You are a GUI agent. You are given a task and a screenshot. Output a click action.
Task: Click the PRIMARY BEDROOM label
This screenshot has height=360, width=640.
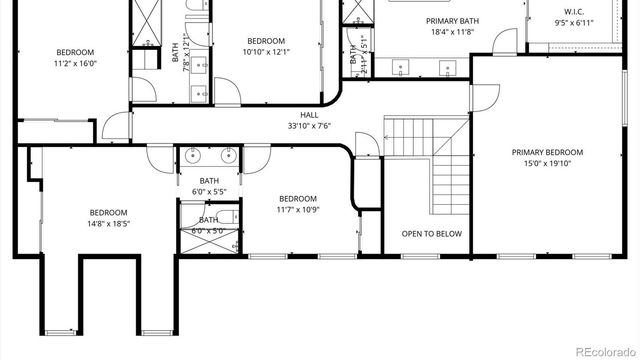coord(547,153)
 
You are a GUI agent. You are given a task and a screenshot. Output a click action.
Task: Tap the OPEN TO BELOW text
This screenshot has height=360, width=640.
coord(432,233)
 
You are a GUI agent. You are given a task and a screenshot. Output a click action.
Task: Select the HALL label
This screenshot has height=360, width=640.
coord(309,115)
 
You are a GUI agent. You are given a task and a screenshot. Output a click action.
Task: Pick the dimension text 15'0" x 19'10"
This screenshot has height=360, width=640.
coord(547,164)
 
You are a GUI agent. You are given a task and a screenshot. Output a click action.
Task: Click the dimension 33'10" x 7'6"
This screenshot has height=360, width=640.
coord(309,126)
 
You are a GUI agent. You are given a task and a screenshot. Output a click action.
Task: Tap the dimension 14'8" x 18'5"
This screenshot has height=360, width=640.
coord(108,223)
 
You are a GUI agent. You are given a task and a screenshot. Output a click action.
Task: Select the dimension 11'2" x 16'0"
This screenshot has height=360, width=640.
coord(74,62)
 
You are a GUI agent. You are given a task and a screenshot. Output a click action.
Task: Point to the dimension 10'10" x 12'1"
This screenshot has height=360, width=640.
coord(266,52)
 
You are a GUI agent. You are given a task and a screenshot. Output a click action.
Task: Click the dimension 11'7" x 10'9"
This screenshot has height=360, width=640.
coord(298,209)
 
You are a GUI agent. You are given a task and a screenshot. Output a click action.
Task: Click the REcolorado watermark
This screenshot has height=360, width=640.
coord(599,349)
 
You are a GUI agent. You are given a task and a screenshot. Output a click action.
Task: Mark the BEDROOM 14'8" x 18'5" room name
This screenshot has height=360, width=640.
coord(108,212)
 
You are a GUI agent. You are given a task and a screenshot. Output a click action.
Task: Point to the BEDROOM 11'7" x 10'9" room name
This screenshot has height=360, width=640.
coord(298,198)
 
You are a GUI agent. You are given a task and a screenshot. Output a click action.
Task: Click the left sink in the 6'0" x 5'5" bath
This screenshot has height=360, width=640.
coord(192,155)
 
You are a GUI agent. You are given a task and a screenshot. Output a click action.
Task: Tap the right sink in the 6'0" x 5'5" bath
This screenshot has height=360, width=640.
coord(226,155)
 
